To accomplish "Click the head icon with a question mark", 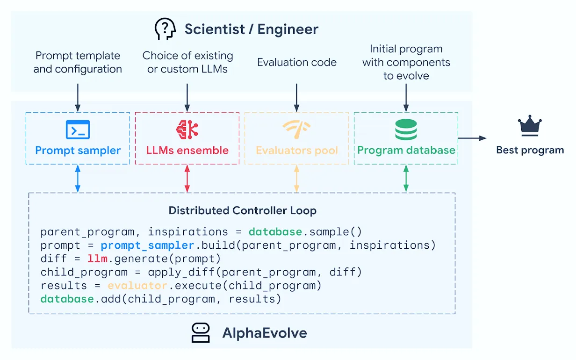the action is click(x=165, y=29).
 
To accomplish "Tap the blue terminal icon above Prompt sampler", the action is click(x=78, y=130).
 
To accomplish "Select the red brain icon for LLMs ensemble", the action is click(x=187, y=130).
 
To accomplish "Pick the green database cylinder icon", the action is click(x=406, y=130).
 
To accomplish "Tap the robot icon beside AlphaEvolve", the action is click(x=201, y=333).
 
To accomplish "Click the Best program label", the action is click(x=530, y=150).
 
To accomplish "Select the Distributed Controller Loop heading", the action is click(x=243, y=210).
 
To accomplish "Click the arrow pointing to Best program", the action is click(x=472, y=138).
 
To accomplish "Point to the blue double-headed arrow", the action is click(x=78, y=179).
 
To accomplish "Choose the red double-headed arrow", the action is click(x=187, y=179).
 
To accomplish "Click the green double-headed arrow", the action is click(x=406, y=179).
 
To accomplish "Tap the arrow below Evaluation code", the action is click(x=296, y=98).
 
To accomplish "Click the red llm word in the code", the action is click(x=97, y=259).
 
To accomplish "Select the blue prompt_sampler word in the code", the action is click(x=147, y=245).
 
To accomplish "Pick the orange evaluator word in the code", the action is click(x=137, y=286).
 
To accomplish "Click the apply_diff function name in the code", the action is click(x=181, y=272).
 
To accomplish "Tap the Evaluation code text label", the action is click(x=297, y=62).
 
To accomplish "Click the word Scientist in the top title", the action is click(x=215, y=29).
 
